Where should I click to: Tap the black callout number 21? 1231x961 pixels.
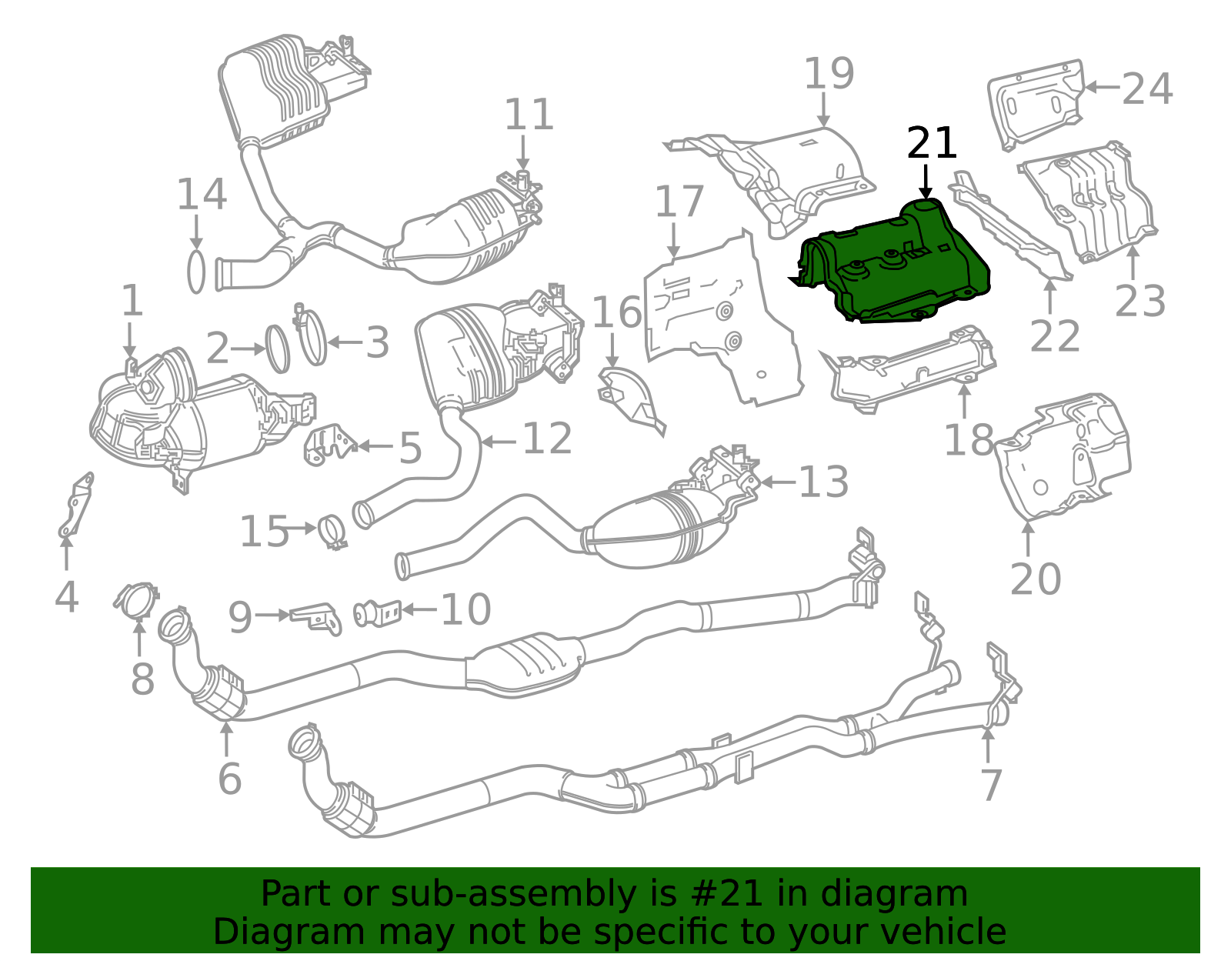(932, 144)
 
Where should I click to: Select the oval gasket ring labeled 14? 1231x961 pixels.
(197, 271)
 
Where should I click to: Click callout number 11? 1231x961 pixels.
(529, 115)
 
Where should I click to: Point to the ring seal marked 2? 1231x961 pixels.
(278, 349)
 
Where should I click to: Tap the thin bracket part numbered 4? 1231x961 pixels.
(75, 506)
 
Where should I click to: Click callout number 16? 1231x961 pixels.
(616, 312)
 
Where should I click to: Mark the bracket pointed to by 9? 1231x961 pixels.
(316, 616)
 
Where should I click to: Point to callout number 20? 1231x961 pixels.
(1035, 579)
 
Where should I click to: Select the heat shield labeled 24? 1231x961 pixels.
(1035, 105)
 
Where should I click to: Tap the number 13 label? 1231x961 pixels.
(823, 482)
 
